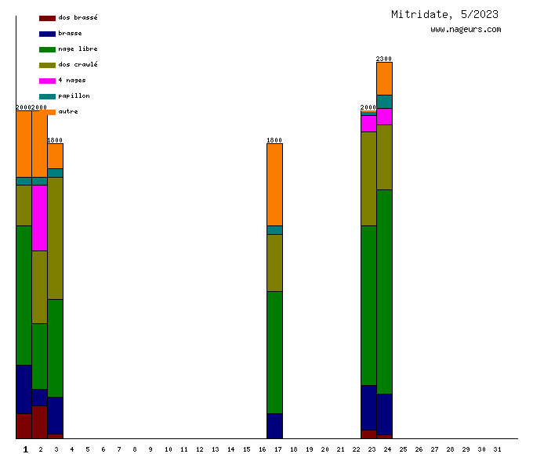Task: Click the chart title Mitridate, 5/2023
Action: [444, 14]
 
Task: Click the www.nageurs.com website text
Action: [466, 30]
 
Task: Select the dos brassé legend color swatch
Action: [47, 17]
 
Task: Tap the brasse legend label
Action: [70, 33]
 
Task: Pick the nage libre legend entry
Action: [78, 49]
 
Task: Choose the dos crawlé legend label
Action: [78, 64]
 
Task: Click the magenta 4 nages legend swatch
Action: [47, 80]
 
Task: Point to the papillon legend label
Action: [74, 95]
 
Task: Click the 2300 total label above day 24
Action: [384, 59]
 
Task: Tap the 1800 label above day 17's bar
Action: [274, 140]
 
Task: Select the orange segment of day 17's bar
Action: [274, 185]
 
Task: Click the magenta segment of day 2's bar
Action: [39, 218]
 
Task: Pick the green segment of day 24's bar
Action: [384, 291]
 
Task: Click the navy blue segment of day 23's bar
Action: [368, 407]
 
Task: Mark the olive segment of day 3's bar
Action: [55, 238]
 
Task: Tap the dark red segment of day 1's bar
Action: [24, 426]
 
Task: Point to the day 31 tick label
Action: [497, 449]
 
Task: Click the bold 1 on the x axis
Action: [26, 449]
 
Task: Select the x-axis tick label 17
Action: [278, 449]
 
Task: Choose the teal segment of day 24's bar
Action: [384, 101]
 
